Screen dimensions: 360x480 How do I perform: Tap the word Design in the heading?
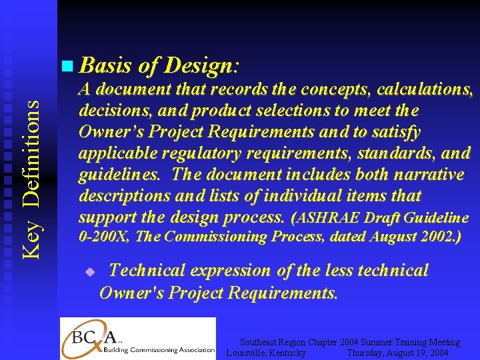(x=197, y=66)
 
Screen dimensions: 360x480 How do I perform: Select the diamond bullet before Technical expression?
(x=91, y=272)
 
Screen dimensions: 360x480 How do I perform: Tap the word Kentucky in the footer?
(x=287, y=352)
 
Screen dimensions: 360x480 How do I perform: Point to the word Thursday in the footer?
(x=366, y=352)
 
